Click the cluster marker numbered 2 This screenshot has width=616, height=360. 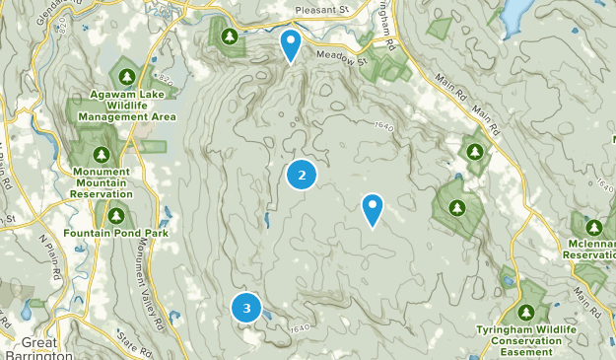(x=302, y=175)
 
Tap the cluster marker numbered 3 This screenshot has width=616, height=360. (x=246, y=308)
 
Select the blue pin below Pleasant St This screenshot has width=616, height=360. (x=290, y=44)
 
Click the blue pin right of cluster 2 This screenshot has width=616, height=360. (x=373, y=208)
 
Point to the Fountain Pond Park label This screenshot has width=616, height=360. (x=116, y=233)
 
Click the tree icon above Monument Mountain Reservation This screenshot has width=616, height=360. (x=102, y=155)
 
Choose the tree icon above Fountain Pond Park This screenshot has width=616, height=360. (x=116, y=215)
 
